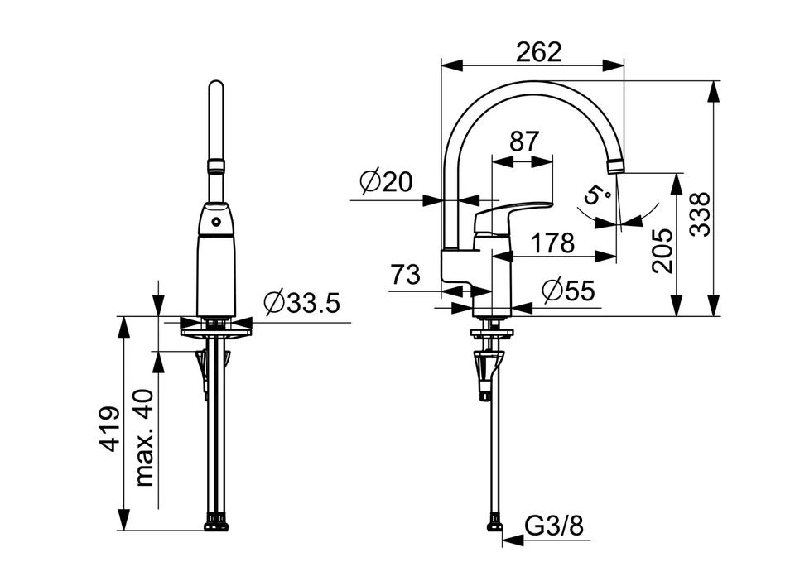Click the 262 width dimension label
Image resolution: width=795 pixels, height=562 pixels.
tap(539, 51)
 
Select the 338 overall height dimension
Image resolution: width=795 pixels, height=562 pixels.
tap(701, 214)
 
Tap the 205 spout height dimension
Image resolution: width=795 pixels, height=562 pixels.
tap(662, 251)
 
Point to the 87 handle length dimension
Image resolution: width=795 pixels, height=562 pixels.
tap(523, 142)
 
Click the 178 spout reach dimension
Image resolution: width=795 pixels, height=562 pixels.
tap(552, 243)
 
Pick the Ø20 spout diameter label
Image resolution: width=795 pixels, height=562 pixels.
tap(387, 182)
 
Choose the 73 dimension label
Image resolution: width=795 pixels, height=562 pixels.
tap(406, 275)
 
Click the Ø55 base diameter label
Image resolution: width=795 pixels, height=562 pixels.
tap(568, 291)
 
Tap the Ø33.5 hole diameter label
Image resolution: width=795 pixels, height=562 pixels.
tap(302, 303)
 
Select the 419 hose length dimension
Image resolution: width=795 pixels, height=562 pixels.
tap(109, 428)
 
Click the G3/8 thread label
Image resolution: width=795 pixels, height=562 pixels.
tap(554, 526)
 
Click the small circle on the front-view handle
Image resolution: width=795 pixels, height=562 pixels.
tap(216, 222)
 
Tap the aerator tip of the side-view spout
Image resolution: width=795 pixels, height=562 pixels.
tap(615, 166)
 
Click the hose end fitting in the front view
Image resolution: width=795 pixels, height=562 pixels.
tap(216, 522)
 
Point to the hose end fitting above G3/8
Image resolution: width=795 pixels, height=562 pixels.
tap(495, 523)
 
